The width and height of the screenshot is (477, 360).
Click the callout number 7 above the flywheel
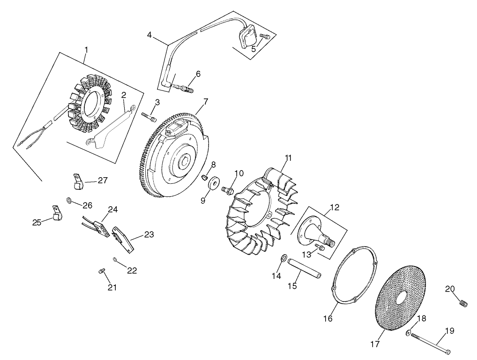coord(206,101)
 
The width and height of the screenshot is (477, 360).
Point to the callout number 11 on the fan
coord(288,158)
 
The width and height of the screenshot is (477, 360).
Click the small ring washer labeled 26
coord(69,201)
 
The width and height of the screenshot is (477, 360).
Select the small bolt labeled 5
coord(265,36)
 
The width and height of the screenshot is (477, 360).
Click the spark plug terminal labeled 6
coord(184,88)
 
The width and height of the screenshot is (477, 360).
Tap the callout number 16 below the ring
coord(328,318)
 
